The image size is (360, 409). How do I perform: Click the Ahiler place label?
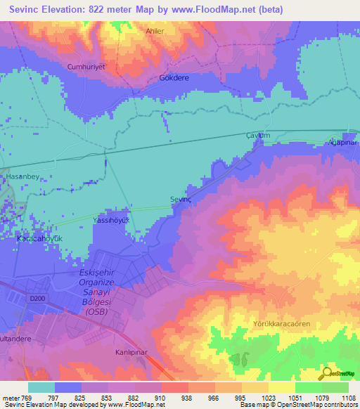154,31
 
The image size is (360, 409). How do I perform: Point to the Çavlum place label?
258,135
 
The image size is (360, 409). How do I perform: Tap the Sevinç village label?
182,200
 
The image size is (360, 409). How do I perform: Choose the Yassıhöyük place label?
112,220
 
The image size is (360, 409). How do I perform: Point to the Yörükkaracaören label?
281,324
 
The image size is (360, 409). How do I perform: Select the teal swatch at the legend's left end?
41,387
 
